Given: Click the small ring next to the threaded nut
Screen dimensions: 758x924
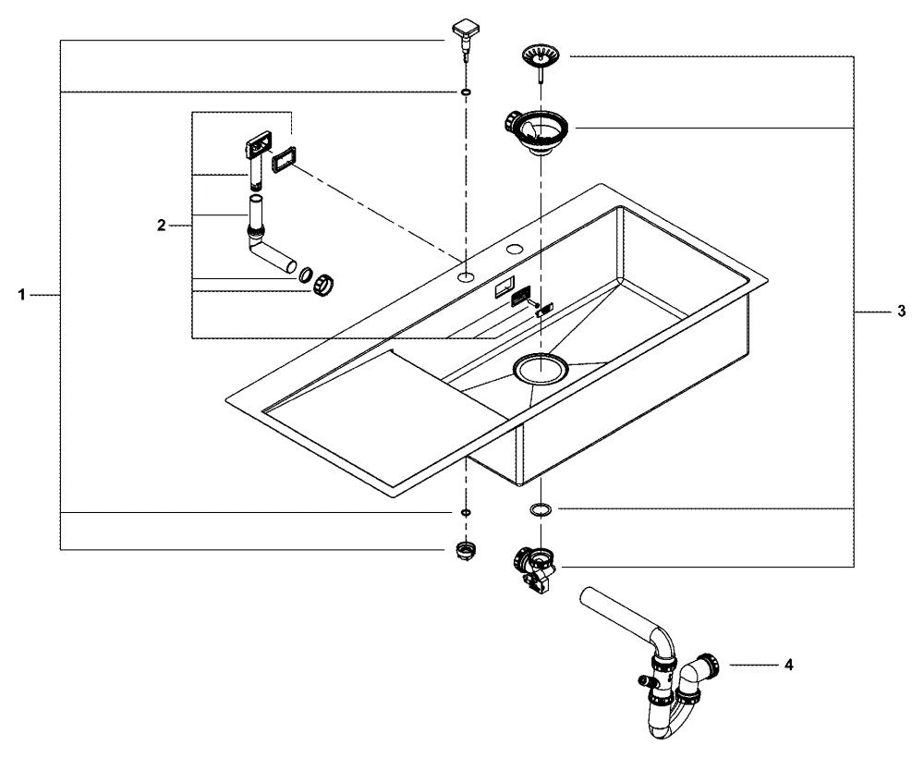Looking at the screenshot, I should click(303, 275).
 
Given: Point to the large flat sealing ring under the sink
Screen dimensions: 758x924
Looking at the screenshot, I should click(541, 509).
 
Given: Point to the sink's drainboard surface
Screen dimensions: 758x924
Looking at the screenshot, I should click(370, 416).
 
